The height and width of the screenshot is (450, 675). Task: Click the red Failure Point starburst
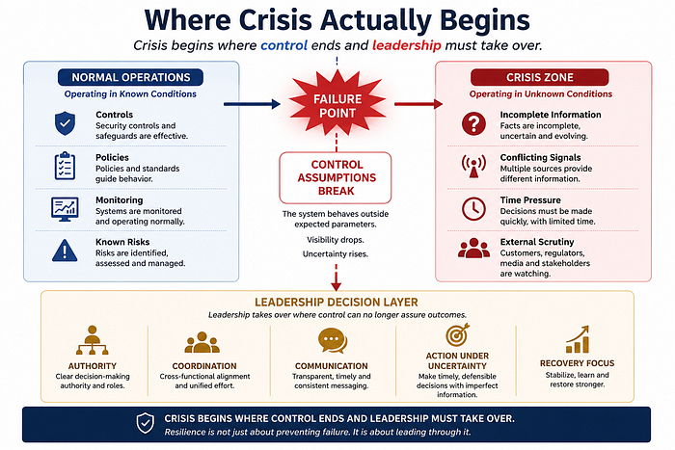tap(337, 104)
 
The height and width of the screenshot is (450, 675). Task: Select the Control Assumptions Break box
tap(336, 177)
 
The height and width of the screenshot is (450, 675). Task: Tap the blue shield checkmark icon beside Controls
tap(65, 123)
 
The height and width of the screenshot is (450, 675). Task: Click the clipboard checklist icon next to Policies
tap(65, 166)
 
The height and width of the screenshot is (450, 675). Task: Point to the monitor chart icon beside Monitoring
tap(65, 209)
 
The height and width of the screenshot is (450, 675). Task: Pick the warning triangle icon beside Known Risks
tap(65, 251)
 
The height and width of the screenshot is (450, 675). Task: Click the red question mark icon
tap(473, 124)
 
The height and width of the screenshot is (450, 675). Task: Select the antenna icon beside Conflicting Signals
tap(473, 166)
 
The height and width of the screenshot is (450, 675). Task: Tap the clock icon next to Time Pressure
tap(473, 209)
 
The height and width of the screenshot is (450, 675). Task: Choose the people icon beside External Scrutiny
tap(473, 249)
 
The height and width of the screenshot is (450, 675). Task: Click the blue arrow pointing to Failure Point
tap(252, 104)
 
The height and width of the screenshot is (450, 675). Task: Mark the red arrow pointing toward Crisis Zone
tap(418, 104)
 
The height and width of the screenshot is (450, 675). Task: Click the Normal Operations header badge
tap(130, 77)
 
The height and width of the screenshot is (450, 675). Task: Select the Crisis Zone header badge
tap(540, 77)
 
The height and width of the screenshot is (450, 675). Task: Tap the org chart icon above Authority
tap(92, 340)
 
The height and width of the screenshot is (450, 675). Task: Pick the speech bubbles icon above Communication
tap(333, 341)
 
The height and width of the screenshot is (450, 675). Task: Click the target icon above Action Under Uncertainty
tap(457, 334)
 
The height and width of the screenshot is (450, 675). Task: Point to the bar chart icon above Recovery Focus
tap(578, 339)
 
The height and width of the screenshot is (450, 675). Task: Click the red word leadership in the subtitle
tap(406, 45)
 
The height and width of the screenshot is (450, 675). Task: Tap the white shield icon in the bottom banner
tap(145, 423)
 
